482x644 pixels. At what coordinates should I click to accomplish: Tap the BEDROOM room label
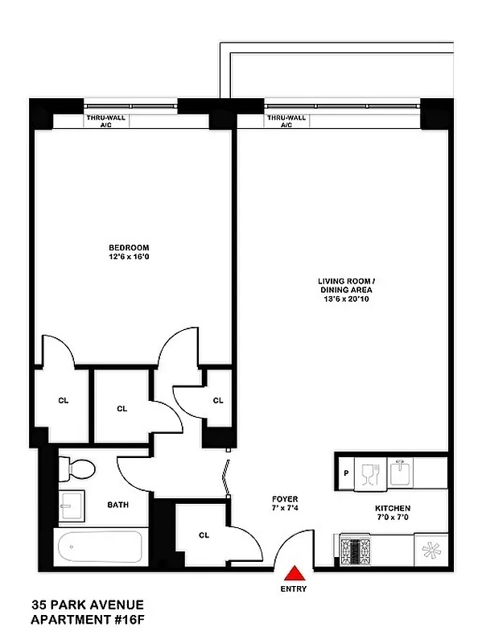130,247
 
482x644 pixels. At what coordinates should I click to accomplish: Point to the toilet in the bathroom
79,467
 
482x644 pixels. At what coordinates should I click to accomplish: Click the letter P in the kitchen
345,473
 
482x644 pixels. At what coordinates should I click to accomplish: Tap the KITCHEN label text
393,509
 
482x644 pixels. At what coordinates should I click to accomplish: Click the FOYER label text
285,499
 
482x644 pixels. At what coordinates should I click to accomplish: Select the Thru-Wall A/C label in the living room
286,122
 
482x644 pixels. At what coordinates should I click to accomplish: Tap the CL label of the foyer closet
204,535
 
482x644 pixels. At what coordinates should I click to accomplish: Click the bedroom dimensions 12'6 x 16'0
130,257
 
